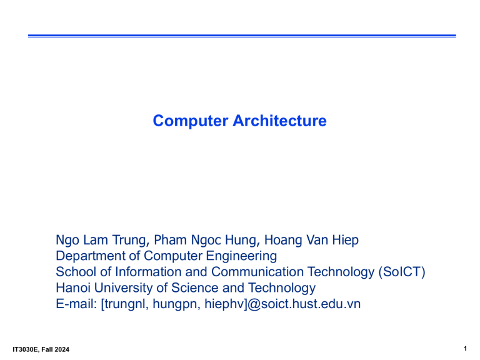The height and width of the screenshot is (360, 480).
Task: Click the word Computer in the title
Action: (x=182, y=121)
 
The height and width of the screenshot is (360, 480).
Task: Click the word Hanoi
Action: (x=73, y=288)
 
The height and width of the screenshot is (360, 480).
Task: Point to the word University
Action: (x=124, y=288)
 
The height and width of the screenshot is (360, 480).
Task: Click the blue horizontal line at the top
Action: (x=241, y=36)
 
